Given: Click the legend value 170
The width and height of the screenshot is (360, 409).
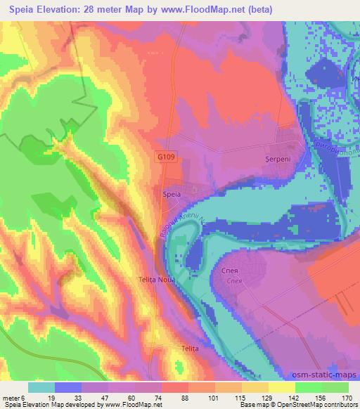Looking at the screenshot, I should (x=347, y=397).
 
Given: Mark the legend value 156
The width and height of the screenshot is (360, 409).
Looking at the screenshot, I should (x=321, y=397).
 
